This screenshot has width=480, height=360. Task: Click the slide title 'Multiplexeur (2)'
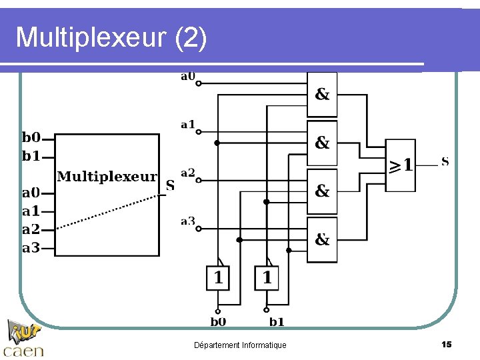(111, 38)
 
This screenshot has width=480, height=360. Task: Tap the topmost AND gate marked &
(322, 94)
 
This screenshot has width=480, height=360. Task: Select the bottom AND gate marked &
(322, 239)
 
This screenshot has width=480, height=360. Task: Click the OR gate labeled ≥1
(401, 165)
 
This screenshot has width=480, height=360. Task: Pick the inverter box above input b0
(218, 277)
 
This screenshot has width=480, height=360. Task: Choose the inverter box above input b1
(267, 277)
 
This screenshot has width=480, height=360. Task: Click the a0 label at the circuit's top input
(188, 76)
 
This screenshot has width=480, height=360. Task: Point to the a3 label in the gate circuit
(188, 221)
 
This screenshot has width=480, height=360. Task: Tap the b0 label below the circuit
(218, 322)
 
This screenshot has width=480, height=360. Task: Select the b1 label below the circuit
(277, 322)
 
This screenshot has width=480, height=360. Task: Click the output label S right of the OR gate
(445, 161)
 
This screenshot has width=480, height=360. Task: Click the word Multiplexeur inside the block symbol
(107, 177)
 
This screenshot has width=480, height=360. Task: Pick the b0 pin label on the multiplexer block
(31, 138)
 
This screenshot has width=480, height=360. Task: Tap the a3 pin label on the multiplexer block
(31, 248)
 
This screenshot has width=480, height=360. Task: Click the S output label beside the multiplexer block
(170, 185)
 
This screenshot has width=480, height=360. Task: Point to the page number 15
(447, 344)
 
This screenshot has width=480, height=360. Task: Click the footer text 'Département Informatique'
(240, 345)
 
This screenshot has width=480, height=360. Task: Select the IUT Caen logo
(24, 339)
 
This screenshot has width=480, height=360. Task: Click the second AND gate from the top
(322, 143)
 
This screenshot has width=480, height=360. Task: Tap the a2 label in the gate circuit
(188, 173)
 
